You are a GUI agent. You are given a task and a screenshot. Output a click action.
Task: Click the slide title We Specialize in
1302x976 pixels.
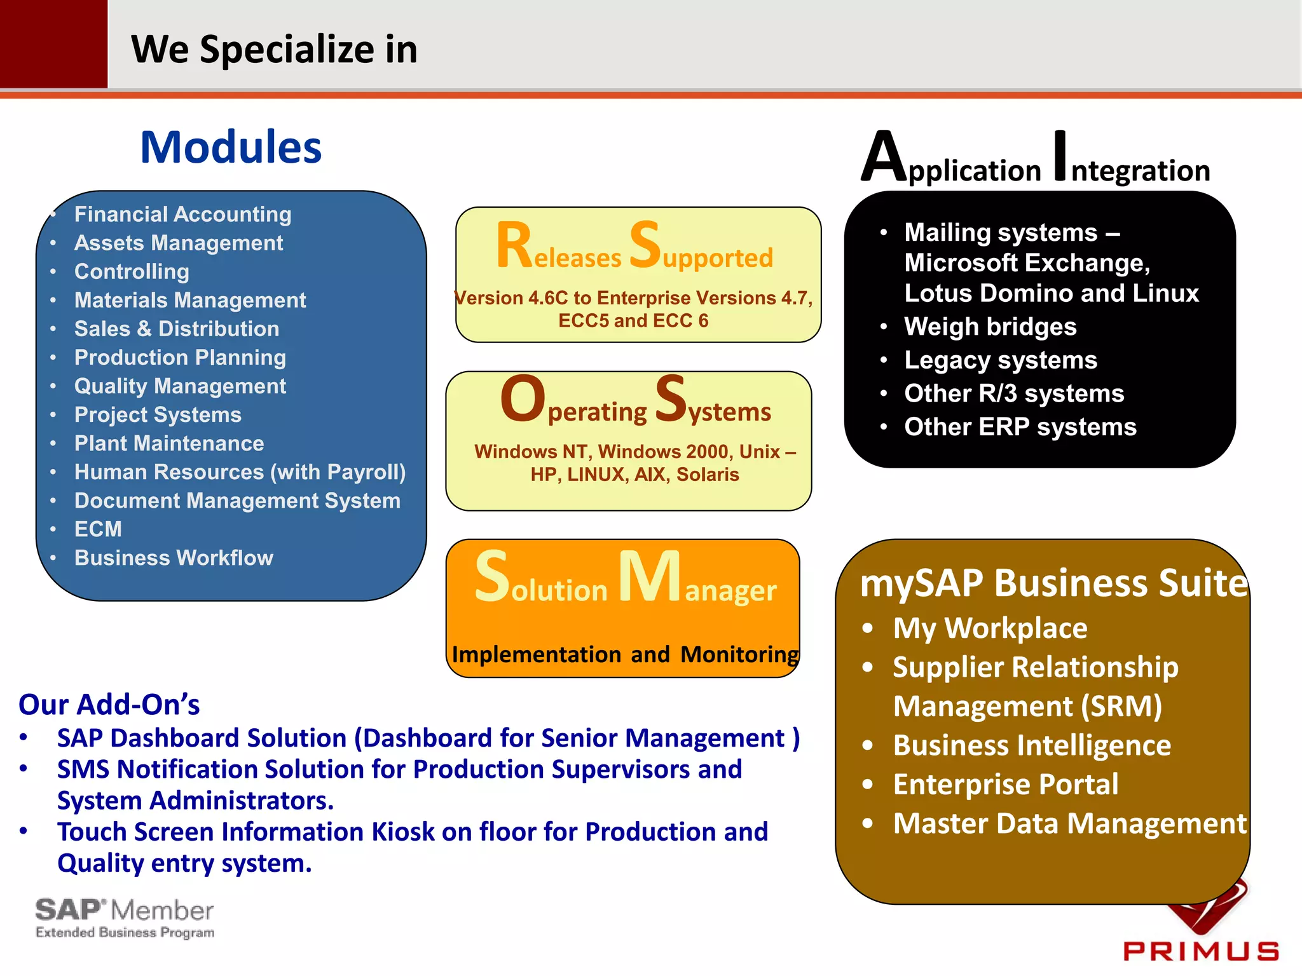coord(274,50)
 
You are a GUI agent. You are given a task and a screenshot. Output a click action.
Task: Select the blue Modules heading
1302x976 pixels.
coord(231,147)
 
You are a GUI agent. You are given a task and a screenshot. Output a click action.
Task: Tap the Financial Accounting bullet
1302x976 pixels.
coord(182,214)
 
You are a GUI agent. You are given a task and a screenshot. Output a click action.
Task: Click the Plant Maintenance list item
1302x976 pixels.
coord(169,443)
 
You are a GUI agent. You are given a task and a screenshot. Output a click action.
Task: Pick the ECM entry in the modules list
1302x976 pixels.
coord(98,529)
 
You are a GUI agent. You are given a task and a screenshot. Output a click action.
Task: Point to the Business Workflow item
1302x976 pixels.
coord(174,557)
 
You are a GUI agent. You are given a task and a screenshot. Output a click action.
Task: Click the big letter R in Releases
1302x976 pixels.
coord(514,245)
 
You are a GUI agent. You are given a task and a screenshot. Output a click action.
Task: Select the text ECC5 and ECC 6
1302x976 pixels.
coord(633,321)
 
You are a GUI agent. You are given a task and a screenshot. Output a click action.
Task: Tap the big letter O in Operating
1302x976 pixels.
coord(523,399)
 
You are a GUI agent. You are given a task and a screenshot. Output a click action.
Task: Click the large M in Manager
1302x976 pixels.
coord(650,576)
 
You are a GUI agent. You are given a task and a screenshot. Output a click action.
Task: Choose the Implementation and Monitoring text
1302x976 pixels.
coord(626,654)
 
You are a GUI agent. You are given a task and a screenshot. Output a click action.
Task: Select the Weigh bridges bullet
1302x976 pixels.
coord(990,327)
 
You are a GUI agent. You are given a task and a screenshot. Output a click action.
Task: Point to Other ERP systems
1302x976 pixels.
coord(1020,427)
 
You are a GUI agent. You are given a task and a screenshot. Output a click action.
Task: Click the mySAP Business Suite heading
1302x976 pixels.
coord(1053,583)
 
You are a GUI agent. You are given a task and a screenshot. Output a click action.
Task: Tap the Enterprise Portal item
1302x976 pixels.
coord(1005,784)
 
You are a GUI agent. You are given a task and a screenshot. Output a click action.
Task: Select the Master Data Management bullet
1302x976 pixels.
coord(1069,823)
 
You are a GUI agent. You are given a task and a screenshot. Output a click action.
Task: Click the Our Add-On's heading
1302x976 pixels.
coord(109,705)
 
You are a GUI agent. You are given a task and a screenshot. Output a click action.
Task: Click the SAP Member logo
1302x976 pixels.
coord(125,918)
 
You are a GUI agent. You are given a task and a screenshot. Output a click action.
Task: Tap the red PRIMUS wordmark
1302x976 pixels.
coord(1200,951)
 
